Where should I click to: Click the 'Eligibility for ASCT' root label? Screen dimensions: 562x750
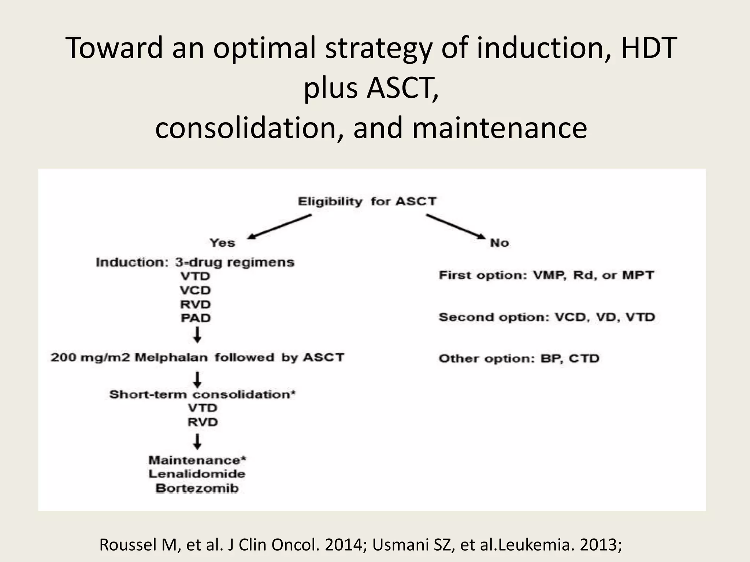367,201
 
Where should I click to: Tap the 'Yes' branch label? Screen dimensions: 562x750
222,243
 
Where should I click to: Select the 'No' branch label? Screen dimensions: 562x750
500,243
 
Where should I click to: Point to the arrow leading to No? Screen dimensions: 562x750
456,227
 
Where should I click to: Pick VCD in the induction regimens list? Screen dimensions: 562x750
196,290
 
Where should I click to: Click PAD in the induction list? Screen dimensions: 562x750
196,318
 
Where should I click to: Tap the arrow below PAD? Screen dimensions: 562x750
197,335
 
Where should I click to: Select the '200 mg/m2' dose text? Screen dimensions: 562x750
90,357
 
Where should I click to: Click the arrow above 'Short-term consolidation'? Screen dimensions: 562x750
197,379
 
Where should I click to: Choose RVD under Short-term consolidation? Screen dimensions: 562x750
203,422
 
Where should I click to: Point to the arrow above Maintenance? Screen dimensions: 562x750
197,442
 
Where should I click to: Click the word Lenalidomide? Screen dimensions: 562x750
197,474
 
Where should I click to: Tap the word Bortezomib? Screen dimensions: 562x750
197,488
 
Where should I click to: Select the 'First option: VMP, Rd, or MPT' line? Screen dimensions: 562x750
546,275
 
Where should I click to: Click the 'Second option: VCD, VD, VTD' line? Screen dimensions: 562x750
547,317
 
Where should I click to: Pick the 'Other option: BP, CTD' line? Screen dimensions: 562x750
519,358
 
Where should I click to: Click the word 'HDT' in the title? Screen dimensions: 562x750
649,48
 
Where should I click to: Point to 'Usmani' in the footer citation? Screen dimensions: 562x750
401,545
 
